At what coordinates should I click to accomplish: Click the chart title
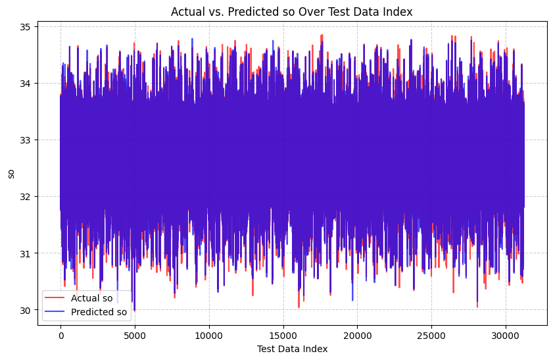(x=292, y=11)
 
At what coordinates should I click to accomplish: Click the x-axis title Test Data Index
(x=292, y=349)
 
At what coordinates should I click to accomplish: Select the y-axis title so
(x=11, y=173)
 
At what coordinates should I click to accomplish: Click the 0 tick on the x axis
(x=60, y=334)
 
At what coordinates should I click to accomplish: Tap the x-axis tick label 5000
(x=135, y=334)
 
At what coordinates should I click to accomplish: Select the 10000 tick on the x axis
(x=209, y=334)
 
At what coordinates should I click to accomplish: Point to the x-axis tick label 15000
(x=283, y=334)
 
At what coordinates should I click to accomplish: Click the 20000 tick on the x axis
(x=358, y=334)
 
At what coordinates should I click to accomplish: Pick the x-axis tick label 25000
(x=431, y=334)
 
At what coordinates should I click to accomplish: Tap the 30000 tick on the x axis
(x=506, y=334)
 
